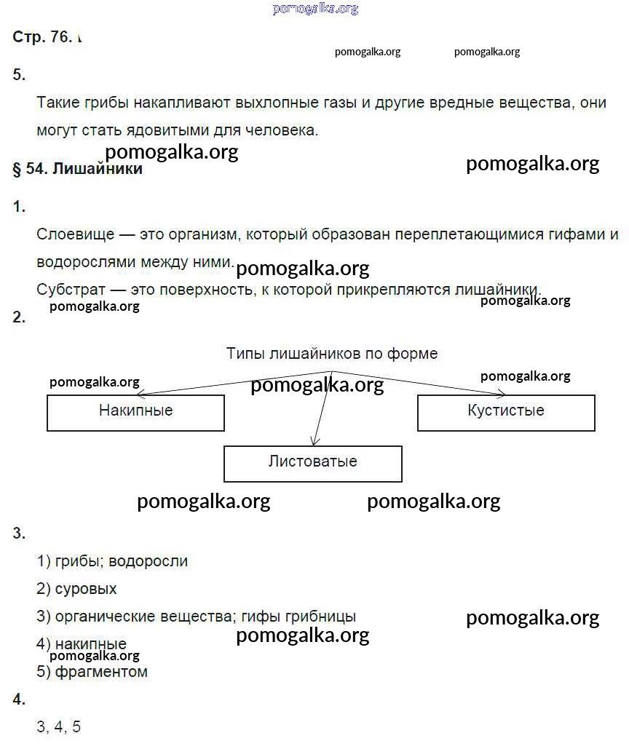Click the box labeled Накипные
[135, 412]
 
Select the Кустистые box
[506, 412]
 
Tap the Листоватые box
[312, 463]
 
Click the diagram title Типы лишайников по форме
[332, 354]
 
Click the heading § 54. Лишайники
[78, 169]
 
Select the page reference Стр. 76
[41, 37]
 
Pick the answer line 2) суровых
[76, 588]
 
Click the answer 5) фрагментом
[92, 672]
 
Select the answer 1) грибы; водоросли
[112, 560]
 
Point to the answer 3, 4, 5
[58, 726]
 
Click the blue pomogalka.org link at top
[315, 9]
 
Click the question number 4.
[19, 700]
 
